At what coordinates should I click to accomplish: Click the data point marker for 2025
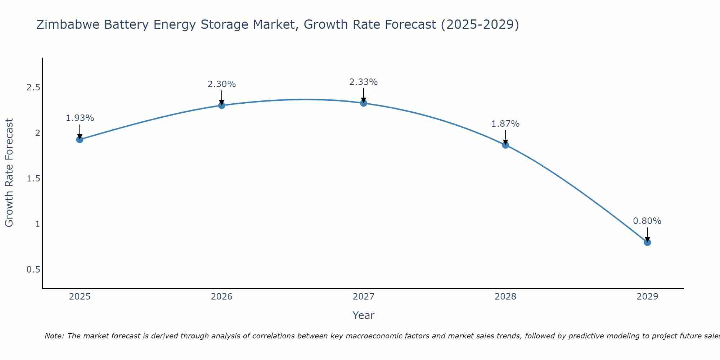click(80, 139)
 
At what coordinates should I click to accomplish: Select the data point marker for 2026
click(222, 105)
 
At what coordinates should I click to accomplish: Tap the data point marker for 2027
click(364, 103)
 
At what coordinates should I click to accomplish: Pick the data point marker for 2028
click(505, 145)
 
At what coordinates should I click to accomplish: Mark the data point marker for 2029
click(647, 242)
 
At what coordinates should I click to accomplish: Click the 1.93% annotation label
click(80, 118)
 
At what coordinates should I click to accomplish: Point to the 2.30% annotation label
click(222, 84)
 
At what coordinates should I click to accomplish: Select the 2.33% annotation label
click(364, 82)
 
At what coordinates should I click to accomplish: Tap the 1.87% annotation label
click(505, 124)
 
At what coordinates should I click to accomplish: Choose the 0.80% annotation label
click(647, 221)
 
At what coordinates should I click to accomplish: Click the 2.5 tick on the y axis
click(33, 88)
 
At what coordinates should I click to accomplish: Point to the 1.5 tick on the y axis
click(33, 179)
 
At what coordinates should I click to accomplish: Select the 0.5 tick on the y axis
click(33, 270)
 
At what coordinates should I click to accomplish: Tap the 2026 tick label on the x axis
click(222, 297)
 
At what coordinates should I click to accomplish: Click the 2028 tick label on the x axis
click(505, 297)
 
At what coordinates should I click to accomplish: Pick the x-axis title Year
click(364, 315)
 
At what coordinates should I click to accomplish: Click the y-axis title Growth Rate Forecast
click(9, 173)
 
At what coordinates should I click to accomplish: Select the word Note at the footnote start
click(54, 336)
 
